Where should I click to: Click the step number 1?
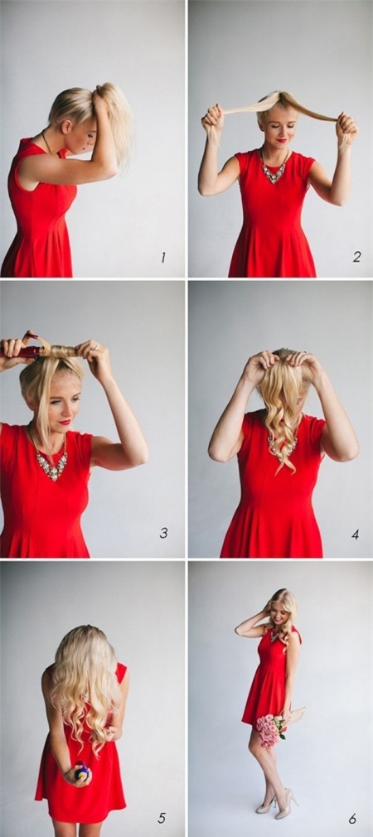click(163, 257)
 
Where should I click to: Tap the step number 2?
click(356, 257)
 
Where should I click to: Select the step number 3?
click(164, 533)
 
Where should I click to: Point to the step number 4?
click(356, 535)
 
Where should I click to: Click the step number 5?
click(162, 818)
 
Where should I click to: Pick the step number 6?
click(353, 818)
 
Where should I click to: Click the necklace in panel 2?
click(274, 168)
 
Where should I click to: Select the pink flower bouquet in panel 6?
click(270, 728)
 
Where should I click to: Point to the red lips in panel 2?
click(281, 140)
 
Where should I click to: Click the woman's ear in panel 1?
click(65, 126)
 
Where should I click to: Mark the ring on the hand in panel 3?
click(96, 346)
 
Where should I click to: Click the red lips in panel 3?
click(65, 422)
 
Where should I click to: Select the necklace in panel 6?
click(275, 636)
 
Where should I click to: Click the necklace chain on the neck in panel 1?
click(47, 142)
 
